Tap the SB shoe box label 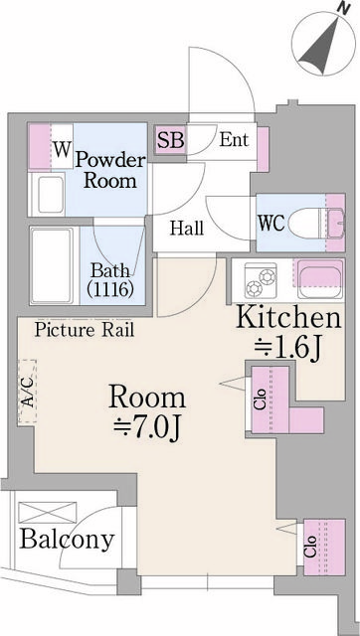tap(170, 139)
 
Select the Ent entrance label tap(234, 140)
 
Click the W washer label tap(62, 150)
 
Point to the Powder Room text tap(109, 170)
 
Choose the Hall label tap(186, 229)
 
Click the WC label tap(271, 222)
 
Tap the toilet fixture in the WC tap(316, 221)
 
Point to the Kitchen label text tap(288, 319)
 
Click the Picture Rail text tap(85, 329)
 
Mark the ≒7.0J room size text tap(152, 427)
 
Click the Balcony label tap(66, 540)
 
